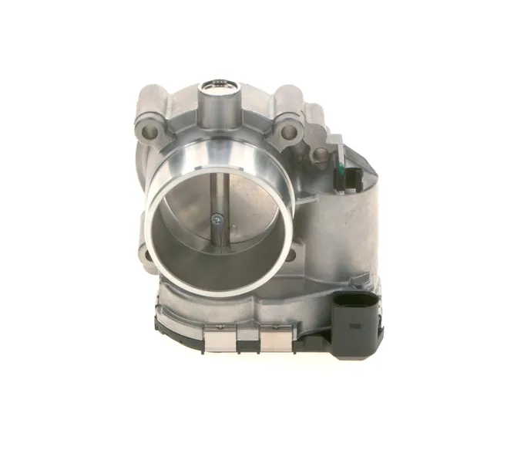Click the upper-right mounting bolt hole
coord(288,133)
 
